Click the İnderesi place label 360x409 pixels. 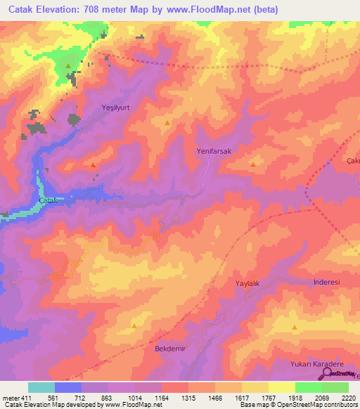pyautogui.click(x=326, y=282)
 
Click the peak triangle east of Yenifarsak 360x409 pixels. pyautogui.click(x=253, y=164)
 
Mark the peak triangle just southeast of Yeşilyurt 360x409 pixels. pyautogui.click(x=167, y=123)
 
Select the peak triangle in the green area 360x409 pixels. pyautogui.click(x=68, y=66)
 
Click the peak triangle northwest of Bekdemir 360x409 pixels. pyautogui.click(x=134, y=326)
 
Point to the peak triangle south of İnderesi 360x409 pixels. pyautogui.click(x=294, y=327)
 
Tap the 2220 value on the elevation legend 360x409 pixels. pyautogui.click(x=348, y=398)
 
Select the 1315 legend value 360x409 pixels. pyautogui.click(x=189, y=398)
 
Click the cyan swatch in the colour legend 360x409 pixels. pyautogui.click(x=41, y=387)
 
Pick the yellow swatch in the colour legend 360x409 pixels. pyautogui.click(x=281, y=387)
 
